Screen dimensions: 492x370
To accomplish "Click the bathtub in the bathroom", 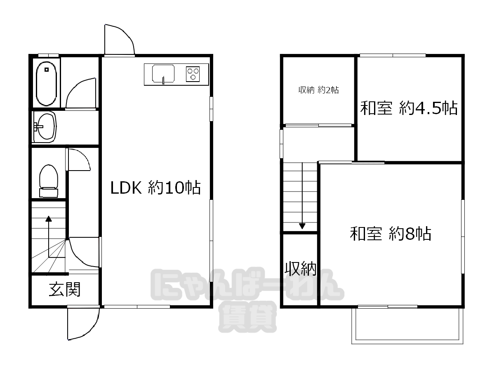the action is (47, 83).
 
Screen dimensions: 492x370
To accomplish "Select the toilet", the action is (48, 181).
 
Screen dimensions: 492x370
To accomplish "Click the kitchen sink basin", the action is (163, 74).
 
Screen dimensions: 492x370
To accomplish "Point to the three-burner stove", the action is (193, 74).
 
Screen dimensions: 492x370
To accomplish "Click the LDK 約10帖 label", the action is (155, 187).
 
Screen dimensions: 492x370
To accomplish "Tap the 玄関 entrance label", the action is (65, 289).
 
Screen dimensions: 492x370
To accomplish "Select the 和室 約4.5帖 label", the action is (409, 108).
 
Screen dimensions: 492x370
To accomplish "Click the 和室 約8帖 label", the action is (390, 234).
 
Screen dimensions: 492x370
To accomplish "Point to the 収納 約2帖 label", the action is (318, 90).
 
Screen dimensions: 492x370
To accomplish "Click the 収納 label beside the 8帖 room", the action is (300, 268).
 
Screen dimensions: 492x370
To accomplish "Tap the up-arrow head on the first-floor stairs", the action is (49, 218).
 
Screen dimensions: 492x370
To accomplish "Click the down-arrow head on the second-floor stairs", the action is (302, 226).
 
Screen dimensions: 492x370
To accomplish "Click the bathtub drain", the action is (47, 70).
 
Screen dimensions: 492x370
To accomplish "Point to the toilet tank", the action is (48, 192).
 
